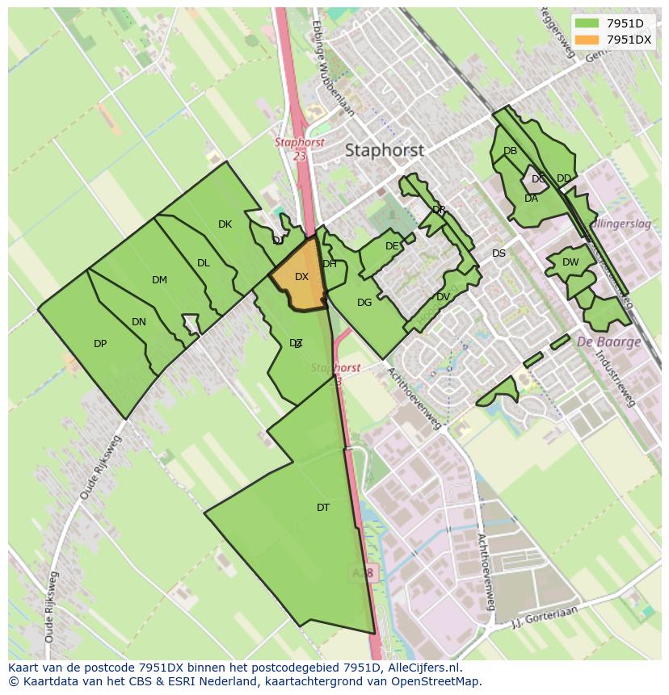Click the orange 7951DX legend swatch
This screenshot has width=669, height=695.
(587, 40)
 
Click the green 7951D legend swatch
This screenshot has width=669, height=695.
(587, 23)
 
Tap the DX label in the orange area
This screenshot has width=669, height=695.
(301, 277)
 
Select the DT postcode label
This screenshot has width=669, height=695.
(323, 508)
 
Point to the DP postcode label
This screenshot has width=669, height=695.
(100, 344)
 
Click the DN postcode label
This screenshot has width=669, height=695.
(139, 322)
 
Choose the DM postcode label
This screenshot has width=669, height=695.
(159, 280)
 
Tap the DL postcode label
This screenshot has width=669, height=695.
(204, 263)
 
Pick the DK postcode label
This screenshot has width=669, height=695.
(225, 224)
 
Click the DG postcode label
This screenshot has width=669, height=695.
(364, 303)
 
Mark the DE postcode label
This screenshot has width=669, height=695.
(392, 246)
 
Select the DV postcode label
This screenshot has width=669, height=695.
(443, 297)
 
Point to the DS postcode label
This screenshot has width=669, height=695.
(499, 253)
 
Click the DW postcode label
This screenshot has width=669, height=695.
(570, 262)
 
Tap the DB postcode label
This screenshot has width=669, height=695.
(510, 151)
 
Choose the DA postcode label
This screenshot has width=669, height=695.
(531, 199)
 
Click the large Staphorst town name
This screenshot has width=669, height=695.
(385, 150)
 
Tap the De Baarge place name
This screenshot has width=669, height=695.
(608, 341)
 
